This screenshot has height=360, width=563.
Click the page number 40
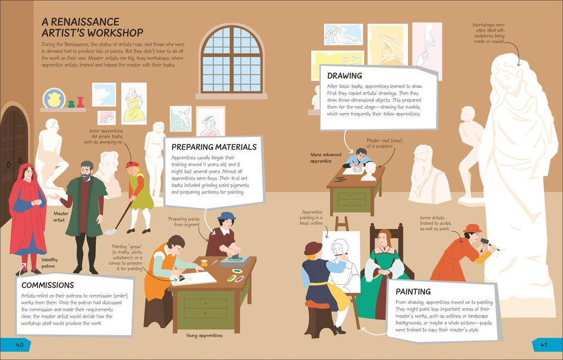tap(19, 345)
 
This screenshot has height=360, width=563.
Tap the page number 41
tap(544, 345)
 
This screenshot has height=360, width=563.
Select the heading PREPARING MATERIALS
tap(214, 147)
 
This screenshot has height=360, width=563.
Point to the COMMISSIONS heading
tap(48, 285)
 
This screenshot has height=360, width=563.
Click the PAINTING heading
tap(413, 291)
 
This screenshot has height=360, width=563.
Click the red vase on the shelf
tap(80, 102)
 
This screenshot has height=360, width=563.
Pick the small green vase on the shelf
tap(71, 104)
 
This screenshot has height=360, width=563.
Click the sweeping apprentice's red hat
tap(132, 165)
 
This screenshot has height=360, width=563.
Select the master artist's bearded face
tap(86, 172)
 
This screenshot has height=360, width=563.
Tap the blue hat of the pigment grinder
tap(226, 215)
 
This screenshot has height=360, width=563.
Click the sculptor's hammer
tap(489, 243)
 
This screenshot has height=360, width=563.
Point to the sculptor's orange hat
tap(472, 228)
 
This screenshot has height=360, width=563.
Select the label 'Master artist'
tap(61, 217)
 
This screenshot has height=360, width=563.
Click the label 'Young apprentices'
tap(204, 336)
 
